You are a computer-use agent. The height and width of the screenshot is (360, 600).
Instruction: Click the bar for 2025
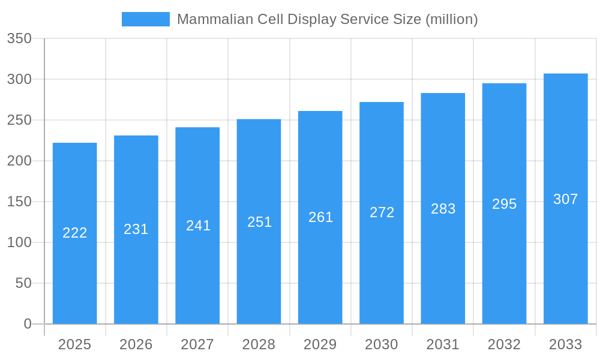point(75,233)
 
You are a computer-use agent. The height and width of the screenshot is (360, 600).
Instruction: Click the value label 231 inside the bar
point(136,229)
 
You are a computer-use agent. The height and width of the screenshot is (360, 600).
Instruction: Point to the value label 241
point(198,226)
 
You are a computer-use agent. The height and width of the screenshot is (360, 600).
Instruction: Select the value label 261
point(320,217)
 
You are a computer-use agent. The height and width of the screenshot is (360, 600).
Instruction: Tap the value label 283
point(443,209)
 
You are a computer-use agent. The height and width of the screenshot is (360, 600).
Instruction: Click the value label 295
point(504,204)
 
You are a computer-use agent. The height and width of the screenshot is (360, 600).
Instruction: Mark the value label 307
point(565,199)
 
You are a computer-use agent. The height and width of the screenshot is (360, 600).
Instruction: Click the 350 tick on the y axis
point(19,39)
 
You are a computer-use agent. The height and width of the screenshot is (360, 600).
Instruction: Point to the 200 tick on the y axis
point(19,161)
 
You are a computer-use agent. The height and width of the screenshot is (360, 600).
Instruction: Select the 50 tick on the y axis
point(23,283)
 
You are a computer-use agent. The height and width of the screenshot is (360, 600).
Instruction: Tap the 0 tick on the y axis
point(28,324)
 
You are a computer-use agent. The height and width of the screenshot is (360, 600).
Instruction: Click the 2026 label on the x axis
point(136,344)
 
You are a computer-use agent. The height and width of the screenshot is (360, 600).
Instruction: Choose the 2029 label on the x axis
point(320,344)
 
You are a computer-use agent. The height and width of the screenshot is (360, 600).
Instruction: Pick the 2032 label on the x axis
point(504,344)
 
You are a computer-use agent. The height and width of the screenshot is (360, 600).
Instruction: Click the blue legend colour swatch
point(146,19)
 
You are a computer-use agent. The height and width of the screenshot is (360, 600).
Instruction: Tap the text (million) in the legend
point(451,19)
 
